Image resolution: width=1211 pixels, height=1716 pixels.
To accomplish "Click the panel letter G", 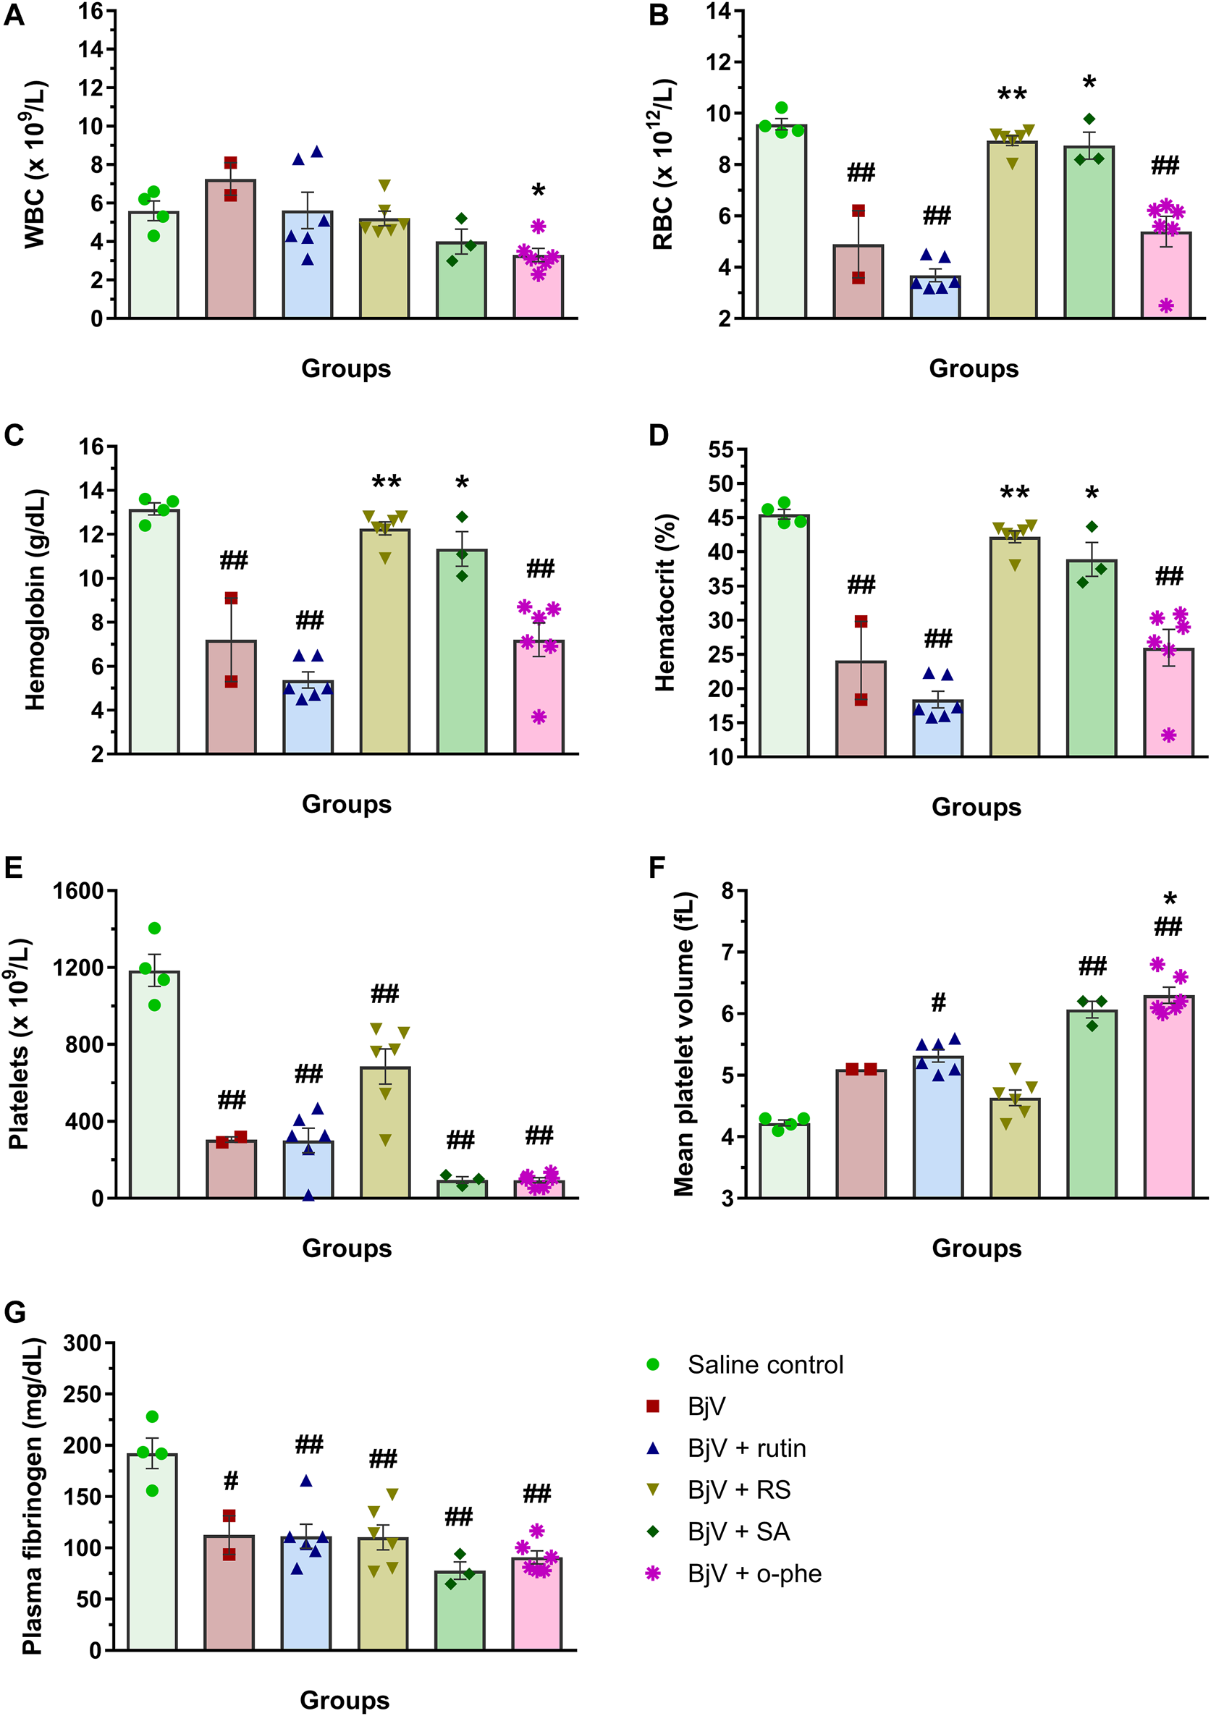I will tap(15, 1311).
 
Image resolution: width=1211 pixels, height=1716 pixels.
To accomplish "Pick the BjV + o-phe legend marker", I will tap(653, 1573).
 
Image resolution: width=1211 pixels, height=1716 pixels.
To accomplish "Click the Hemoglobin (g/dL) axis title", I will tap(35, 599).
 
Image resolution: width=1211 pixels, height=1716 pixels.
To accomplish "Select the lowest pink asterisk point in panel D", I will tap(1168, 735).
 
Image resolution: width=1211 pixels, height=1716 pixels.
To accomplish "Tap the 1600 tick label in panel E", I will tap(77, 891).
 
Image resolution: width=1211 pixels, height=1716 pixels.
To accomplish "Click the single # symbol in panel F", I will tap(938, 1002).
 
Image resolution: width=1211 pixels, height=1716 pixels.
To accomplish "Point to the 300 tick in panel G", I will tap(83, 1343).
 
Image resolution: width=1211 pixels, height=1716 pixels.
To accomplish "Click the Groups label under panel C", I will tap(346, 804).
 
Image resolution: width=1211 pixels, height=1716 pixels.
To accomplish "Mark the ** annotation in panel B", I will tap(1012, 95).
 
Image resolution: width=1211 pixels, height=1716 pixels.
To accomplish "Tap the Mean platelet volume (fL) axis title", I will tap(684, 1044).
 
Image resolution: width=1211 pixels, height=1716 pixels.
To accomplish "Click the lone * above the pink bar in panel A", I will tap(539, 191).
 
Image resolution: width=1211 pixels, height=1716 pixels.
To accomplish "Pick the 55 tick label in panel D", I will tap(722, 450).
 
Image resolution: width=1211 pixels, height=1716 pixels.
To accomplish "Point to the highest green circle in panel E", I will tap(155, 929).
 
